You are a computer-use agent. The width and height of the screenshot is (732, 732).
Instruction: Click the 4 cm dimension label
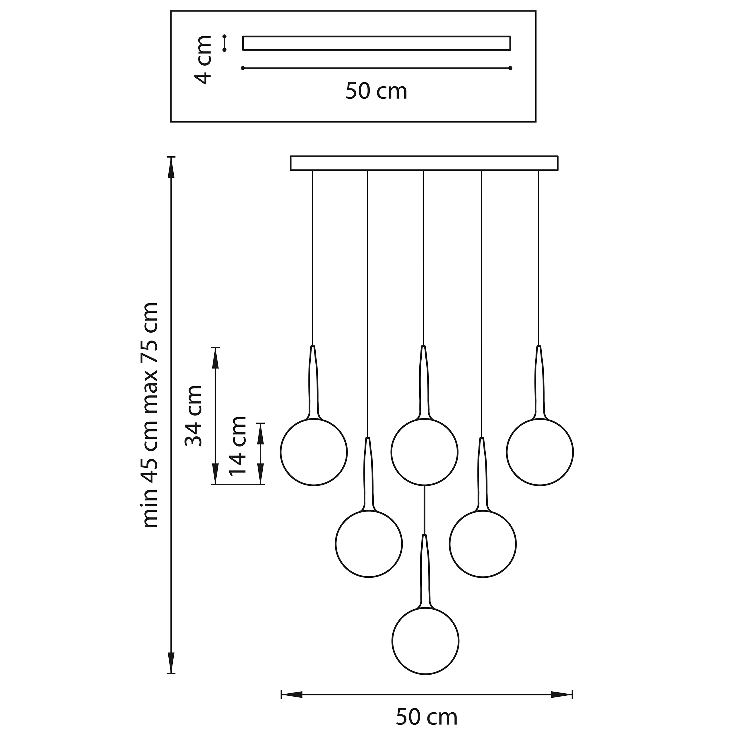[202, 60]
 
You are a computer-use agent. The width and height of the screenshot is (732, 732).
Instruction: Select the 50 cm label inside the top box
[376, 91]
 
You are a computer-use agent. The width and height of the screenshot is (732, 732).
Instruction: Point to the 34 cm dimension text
[193, 416]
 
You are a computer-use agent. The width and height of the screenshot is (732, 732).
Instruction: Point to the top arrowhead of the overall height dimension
[172, 167]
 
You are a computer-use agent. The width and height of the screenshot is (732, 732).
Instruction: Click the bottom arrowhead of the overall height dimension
[172, 663]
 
